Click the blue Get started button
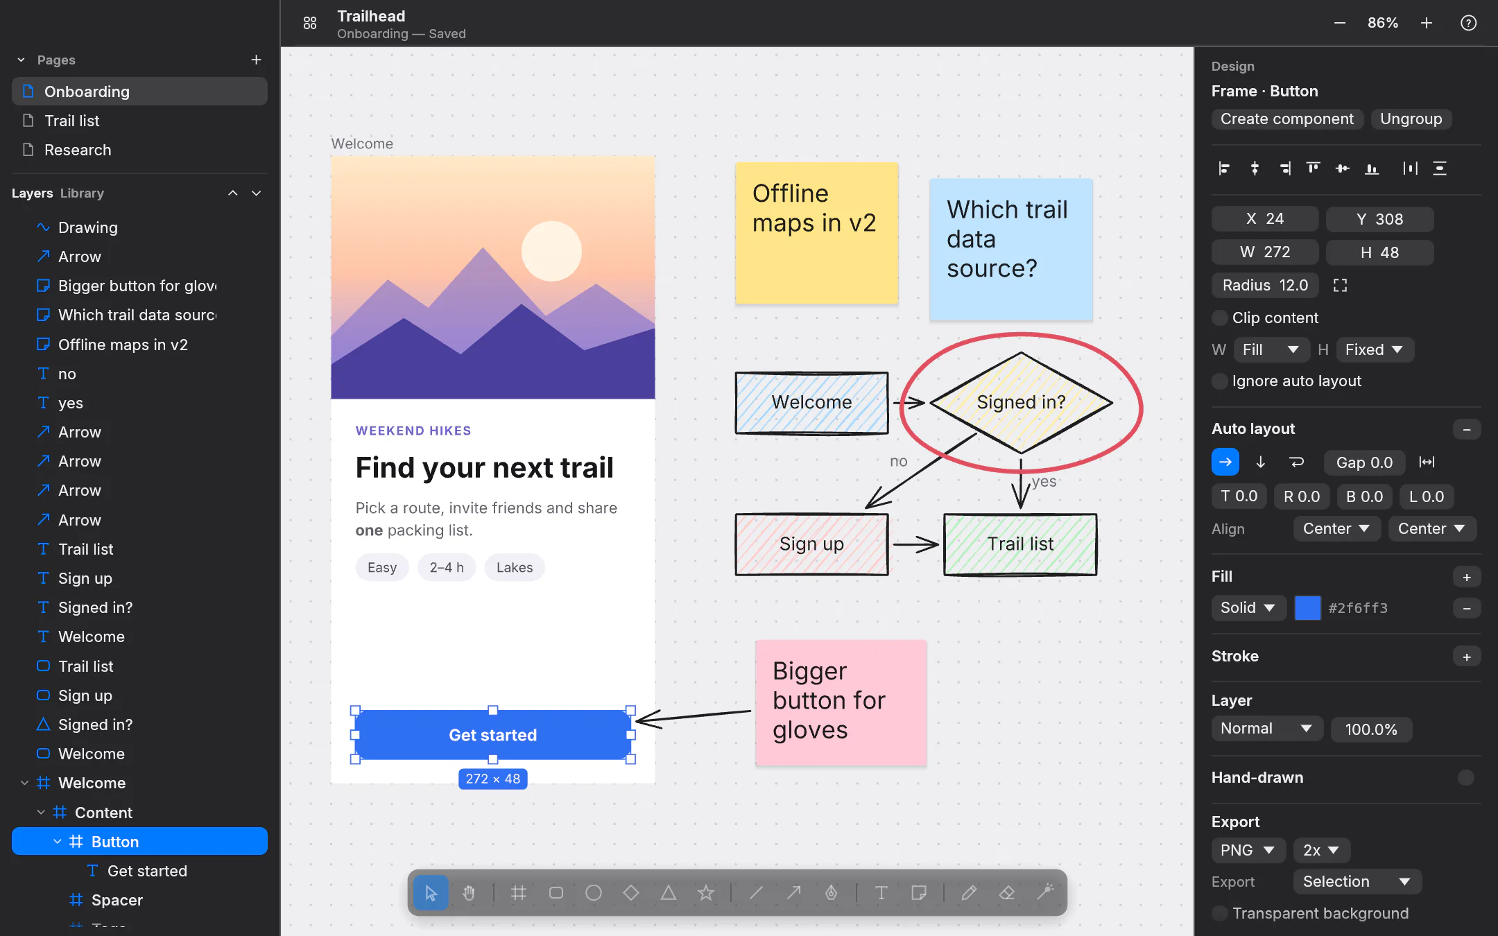pyautogui.click(x=492, y=735)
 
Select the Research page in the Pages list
pyautogui.click(x=77, y=150)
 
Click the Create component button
pyautogui.click(x=1287, y=119)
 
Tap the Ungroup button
pyautogui.click(x=1411, y=119)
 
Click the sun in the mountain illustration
pyautogui.click(x=551, y=251)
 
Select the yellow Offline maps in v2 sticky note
pyautogui.click(x=816, y=233)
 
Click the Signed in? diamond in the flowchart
pyautogui.click(x=1021, y=402)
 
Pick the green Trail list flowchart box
pyautogui.click(x=1020, y=544)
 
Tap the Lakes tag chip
pyautogui.click(x=515, y=567)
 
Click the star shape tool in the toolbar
pyautogui.click(x=706, y=893)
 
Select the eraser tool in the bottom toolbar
pyautogui.click(x=1007, y=893)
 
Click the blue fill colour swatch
pyautogui.click(x=1307, y=608)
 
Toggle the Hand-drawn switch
pyautogui.click(x=1465, y=778)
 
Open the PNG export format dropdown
pyautogui.click(x=1248, y=850)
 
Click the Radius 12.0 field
pyautogui.click(x=1265, y=285)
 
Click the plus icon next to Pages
pyautogui.click(x=256, y=60)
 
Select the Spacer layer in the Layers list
pyautogui.click(x=117, y=900)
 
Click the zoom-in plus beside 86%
pyautogui.click(x=1427, y=23)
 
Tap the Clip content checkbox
pyautogui.click(x=1219, y=318)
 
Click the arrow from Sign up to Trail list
pyautogui.click(x=915, y=544)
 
